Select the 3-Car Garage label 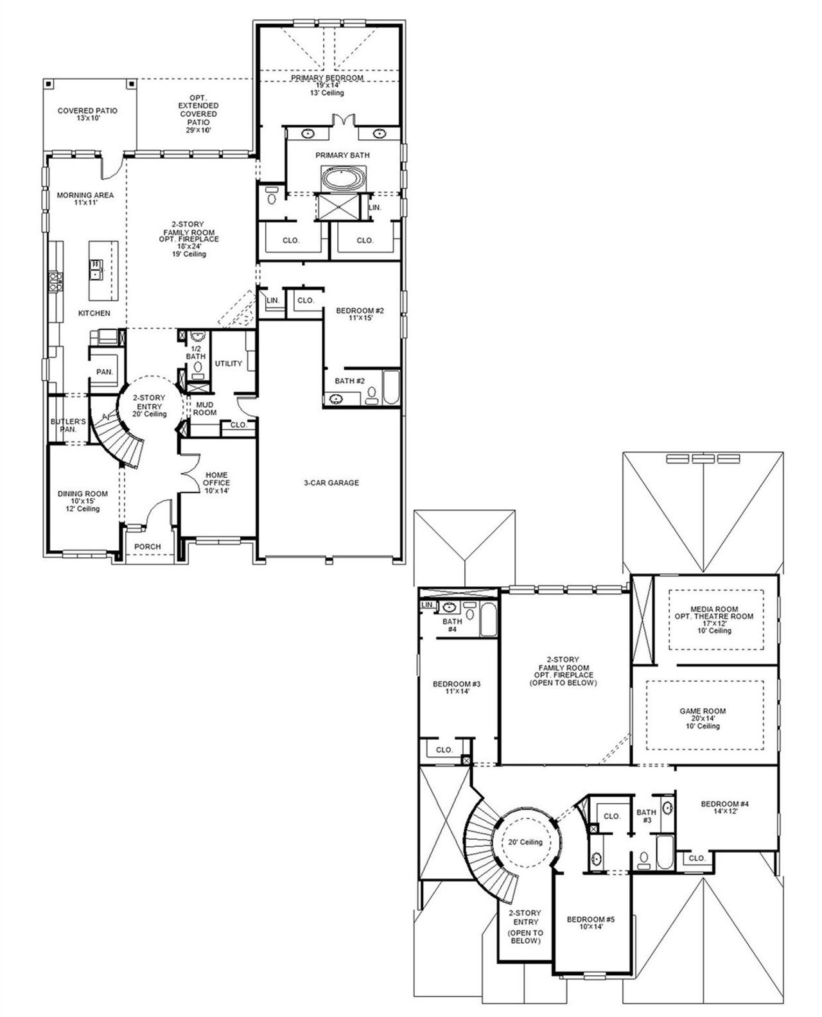tap(331, 483)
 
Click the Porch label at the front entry tap(148, 547)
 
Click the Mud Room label tap(205, 408)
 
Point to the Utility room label tap(229, 363)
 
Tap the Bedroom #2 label tap(360, 311)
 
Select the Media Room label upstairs tap(714, 609)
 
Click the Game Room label tap(703, 711)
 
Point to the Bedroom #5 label tap(591, 919)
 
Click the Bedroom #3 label tap(457, 684)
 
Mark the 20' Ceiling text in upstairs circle tap(525, 842)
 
